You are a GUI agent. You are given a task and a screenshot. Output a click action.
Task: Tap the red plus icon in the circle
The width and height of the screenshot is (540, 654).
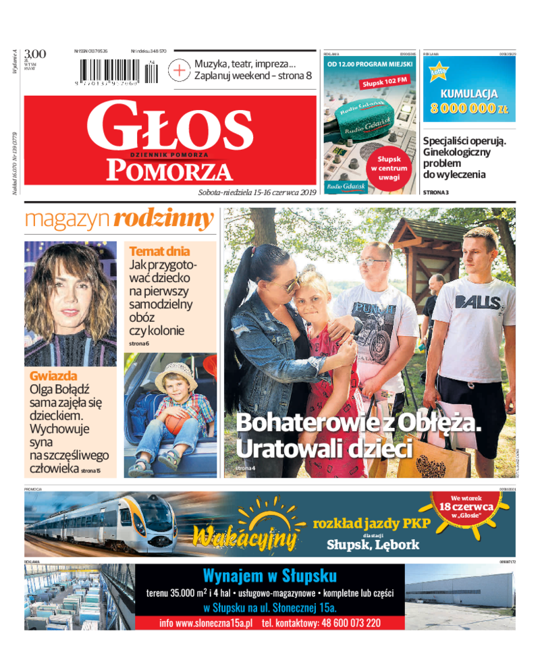pyautogui.click(x=180, y=70)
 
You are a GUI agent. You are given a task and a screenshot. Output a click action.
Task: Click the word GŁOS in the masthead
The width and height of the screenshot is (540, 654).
pyautogui.click(x=169, y=126)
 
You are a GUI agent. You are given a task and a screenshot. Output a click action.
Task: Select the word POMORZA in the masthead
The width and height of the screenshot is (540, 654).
pyautogui.click(x=169, y=170)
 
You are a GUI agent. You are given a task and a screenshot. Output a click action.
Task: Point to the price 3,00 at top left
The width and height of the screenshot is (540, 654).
pyautogui.click(x=34, y=54)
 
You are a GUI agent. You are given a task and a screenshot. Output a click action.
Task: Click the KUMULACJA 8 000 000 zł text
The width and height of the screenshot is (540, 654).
pyautogui.click(x=469, y=101)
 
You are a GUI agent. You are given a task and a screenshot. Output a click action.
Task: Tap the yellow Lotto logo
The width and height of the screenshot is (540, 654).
pyautogui.click(x=439, y=72)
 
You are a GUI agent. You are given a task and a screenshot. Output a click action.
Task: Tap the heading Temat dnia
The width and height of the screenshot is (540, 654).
pyautogui.click(x=159, y=251)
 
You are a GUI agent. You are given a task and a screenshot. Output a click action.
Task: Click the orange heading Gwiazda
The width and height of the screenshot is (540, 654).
pyautogui.click(x=53, y=376)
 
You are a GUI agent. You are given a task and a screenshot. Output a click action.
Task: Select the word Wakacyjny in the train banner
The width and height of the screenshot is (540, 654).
pyautogui.click(x=245, y=538)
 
